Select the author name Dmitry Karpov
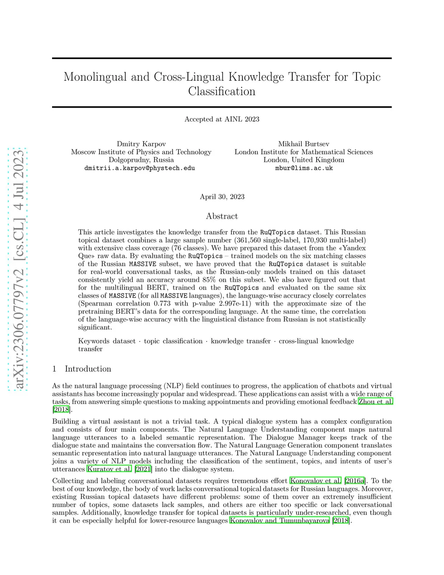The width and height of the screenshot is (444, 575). tap(141, 144)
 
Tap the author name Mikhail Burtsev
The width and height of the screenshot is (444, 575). tap(304, 144)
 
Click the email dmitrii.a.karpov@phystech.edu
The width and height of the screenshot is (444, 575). tap(140, 168)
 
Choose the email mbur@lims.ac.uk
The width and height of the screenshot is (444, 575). tap(304, 168)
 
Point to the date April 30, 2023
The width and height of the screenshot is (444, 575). tap(222, 197)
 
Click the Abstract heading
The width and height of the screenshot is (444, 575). tap(222, 216)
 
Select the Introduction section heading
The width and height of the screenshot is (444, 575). tap(88, 369)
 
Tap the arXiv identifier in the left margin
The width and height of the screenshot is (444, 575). tap(18, 269)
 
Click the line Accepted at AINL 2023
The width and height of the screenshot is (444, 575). tap(222, 119)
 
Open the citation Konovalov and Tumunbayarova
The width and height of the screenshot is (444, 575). tap(280, 520)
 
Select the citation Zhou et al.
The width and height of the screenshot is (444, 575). tap(375, 402)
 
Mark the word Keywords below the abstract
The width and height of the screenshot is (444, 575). tap(94, 341)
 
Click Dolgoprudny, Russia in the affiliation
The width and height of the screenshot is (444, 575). tap(141, 160)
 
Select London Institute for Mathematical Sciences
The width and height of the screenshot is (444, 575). tap(304, 152)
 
